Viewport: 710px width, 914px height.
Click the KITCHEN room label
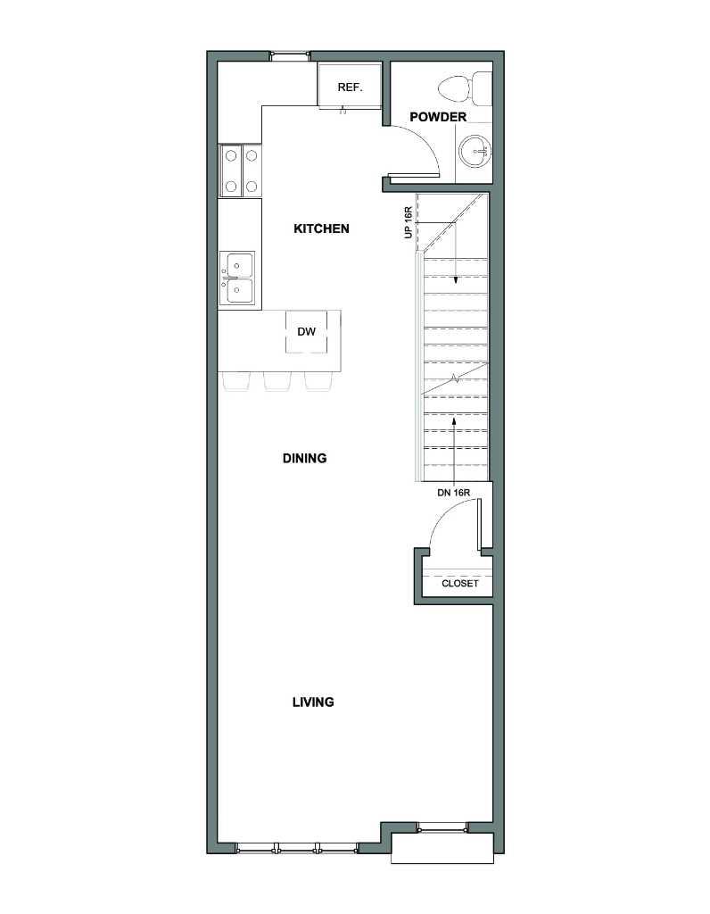pos(321,228)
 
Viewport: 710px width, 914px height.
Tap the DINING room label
pos(304,459)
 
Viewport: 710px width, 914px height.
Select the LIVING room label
pos(313,702)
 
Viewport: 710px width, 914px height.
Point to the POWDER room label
pos(438,117)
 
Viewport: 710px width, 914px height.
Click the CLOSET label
pos(460,584)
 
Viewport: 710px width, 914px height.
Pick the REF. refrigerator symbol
pos(348,87)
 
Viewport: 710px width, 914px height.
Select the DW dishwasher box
pos(307,332)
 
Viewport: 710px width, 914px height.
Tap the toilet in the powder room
pos(465,87)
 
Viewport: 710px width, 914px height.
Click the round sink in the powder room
pos(473,151)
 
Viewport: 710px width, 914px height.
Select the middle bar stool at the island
pos(277,381)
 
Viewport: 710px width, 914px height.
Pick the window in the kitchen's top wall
pos(291,56)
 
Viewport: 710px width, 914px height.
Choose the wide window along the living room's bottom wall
pos(297,847)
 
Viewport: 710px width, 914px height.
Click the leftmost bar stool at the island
pos(236,381)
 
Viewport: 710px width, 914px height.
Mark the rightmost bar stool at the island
pos(318,381)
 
